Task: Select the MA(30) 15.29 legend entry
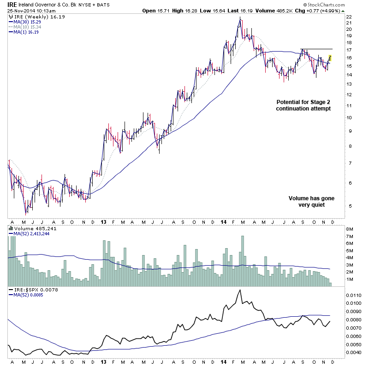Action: [30, 22]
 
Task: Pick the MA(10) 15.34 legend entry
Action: [30, 27]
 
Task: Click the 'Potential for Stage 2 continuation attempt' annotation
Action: [303, 105]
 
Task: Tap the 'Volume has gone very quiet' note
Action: [311, 201]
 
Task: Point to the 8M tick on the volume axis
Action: [350, 229]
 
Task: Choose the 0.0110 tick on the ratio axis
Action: [354, 295]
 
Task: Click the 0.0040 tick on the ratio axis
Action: [354, 353]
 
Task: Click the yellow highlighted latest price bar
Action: [330, 58]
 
